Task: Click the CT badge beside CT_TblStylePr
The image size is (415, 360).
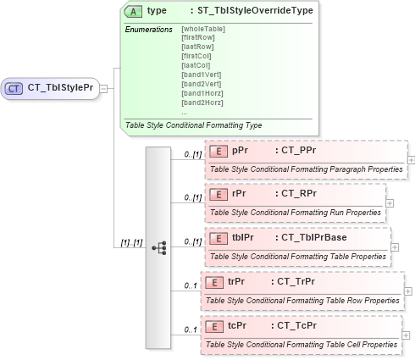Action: point(14,87)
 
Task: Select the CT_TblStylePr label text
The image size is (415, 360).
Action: point(60,87)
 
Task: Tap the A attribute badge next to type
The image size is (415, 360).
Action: point(133,11)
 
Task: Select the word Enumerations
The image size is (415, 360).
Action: point(149,30)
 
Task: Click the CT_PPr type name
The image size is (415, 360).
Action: point(297,150)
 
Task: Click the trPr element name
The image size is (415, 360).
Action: point(237,280)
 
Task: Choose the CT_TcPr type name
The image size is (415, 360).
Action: point(293,325)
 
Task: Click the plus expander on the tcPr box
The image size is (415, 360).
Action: point(407,336)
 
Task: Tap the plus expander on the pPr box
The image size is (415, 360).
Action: point(412,159)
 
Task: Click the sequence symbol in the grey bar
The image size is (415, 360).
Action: point(158,247)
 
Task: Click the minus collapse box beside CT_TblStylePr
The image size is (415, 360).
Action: point(103,87)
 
